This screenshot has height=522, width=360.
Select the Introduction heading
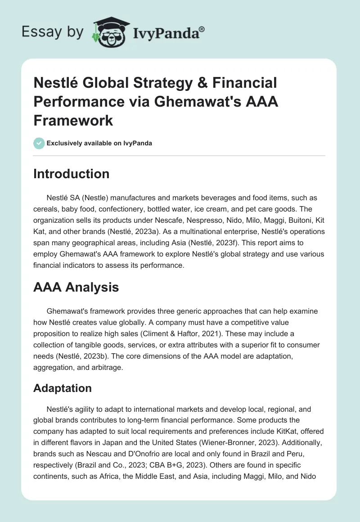71,174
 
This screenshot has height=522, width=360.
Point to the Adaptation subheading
63,388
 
